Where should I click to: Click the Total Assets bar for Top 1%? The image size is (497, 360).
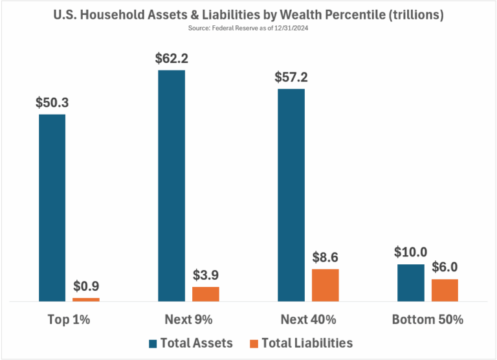[x=52, y=208]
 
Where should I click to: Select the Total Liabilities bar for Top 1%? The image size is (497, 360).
[x=86, y=299]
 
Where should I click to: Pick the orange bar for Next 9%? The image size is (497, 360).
[x=206, y=294]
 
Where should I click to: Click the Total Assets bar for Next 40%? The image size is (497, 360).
[x=291, y=195]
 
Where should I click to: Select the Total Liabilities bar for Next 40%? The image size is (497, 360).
[x=325, y=285]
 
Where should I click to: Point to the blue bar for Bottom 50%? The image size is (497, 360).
[x=410, y=283]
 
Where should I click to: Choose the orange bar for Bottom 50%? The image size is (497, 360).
[x=445, y=290]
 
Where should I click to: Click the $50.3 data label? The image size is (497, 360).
[x=52, y=102]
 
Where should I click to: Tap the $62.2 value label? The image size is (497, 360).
[x=171, y=58]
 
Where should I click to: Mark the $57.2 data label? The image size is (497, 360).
[x=291, y=77]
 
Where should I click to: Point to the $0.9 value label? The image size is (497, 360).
[x=86, y=286]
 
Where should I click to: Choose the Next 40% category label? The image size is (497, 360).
[x=308, y=320]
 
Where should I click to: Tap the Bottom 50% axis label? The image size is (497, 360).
[x=427, y=320]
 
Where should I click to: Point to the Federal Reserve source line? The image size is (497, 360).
[x=248, y=28]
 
